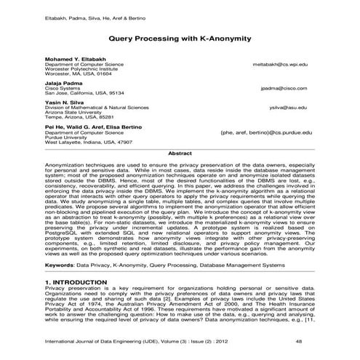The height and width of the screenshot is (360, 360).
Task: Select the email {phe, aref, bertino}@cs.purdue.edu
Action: point(265,134)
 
